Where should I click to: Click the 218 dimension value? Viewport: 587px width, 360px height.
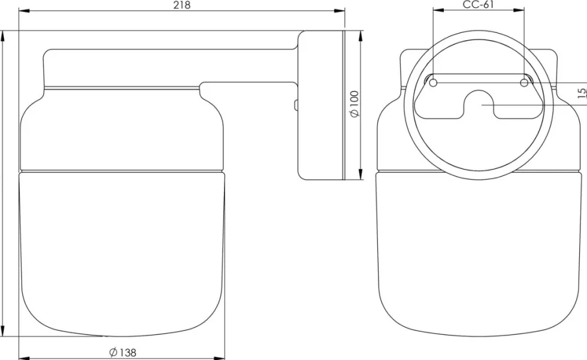pyautogui.click(x=182, y=5)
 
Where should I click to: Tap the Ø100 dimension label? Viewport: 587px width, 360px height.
pyautogui.click(x=355, y=104)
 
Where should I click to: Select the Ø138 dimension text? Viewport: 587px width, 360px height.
pyautogui.click(x=123, y=353)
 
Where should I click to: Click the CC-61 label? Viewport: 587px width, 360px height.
pyautogui.click(x=479, y=4)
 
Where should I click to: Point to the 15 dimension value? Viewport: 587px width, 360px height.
pyautogui.click(x=582, y=93)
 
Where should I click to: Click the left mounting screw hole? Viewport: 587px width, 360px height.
pyautogui.click(x=433, y=83)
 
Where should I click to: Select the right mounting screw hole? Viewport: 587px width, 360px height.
pyautogui.click(x=524, y=83)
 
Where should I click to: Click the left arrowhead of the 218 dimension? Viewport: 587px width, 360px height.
pyautogui.click(x=24, y=11)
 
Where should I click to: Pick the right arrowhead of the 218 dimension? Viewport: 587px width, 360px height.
pyautogui.click(x=340, y=11)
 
